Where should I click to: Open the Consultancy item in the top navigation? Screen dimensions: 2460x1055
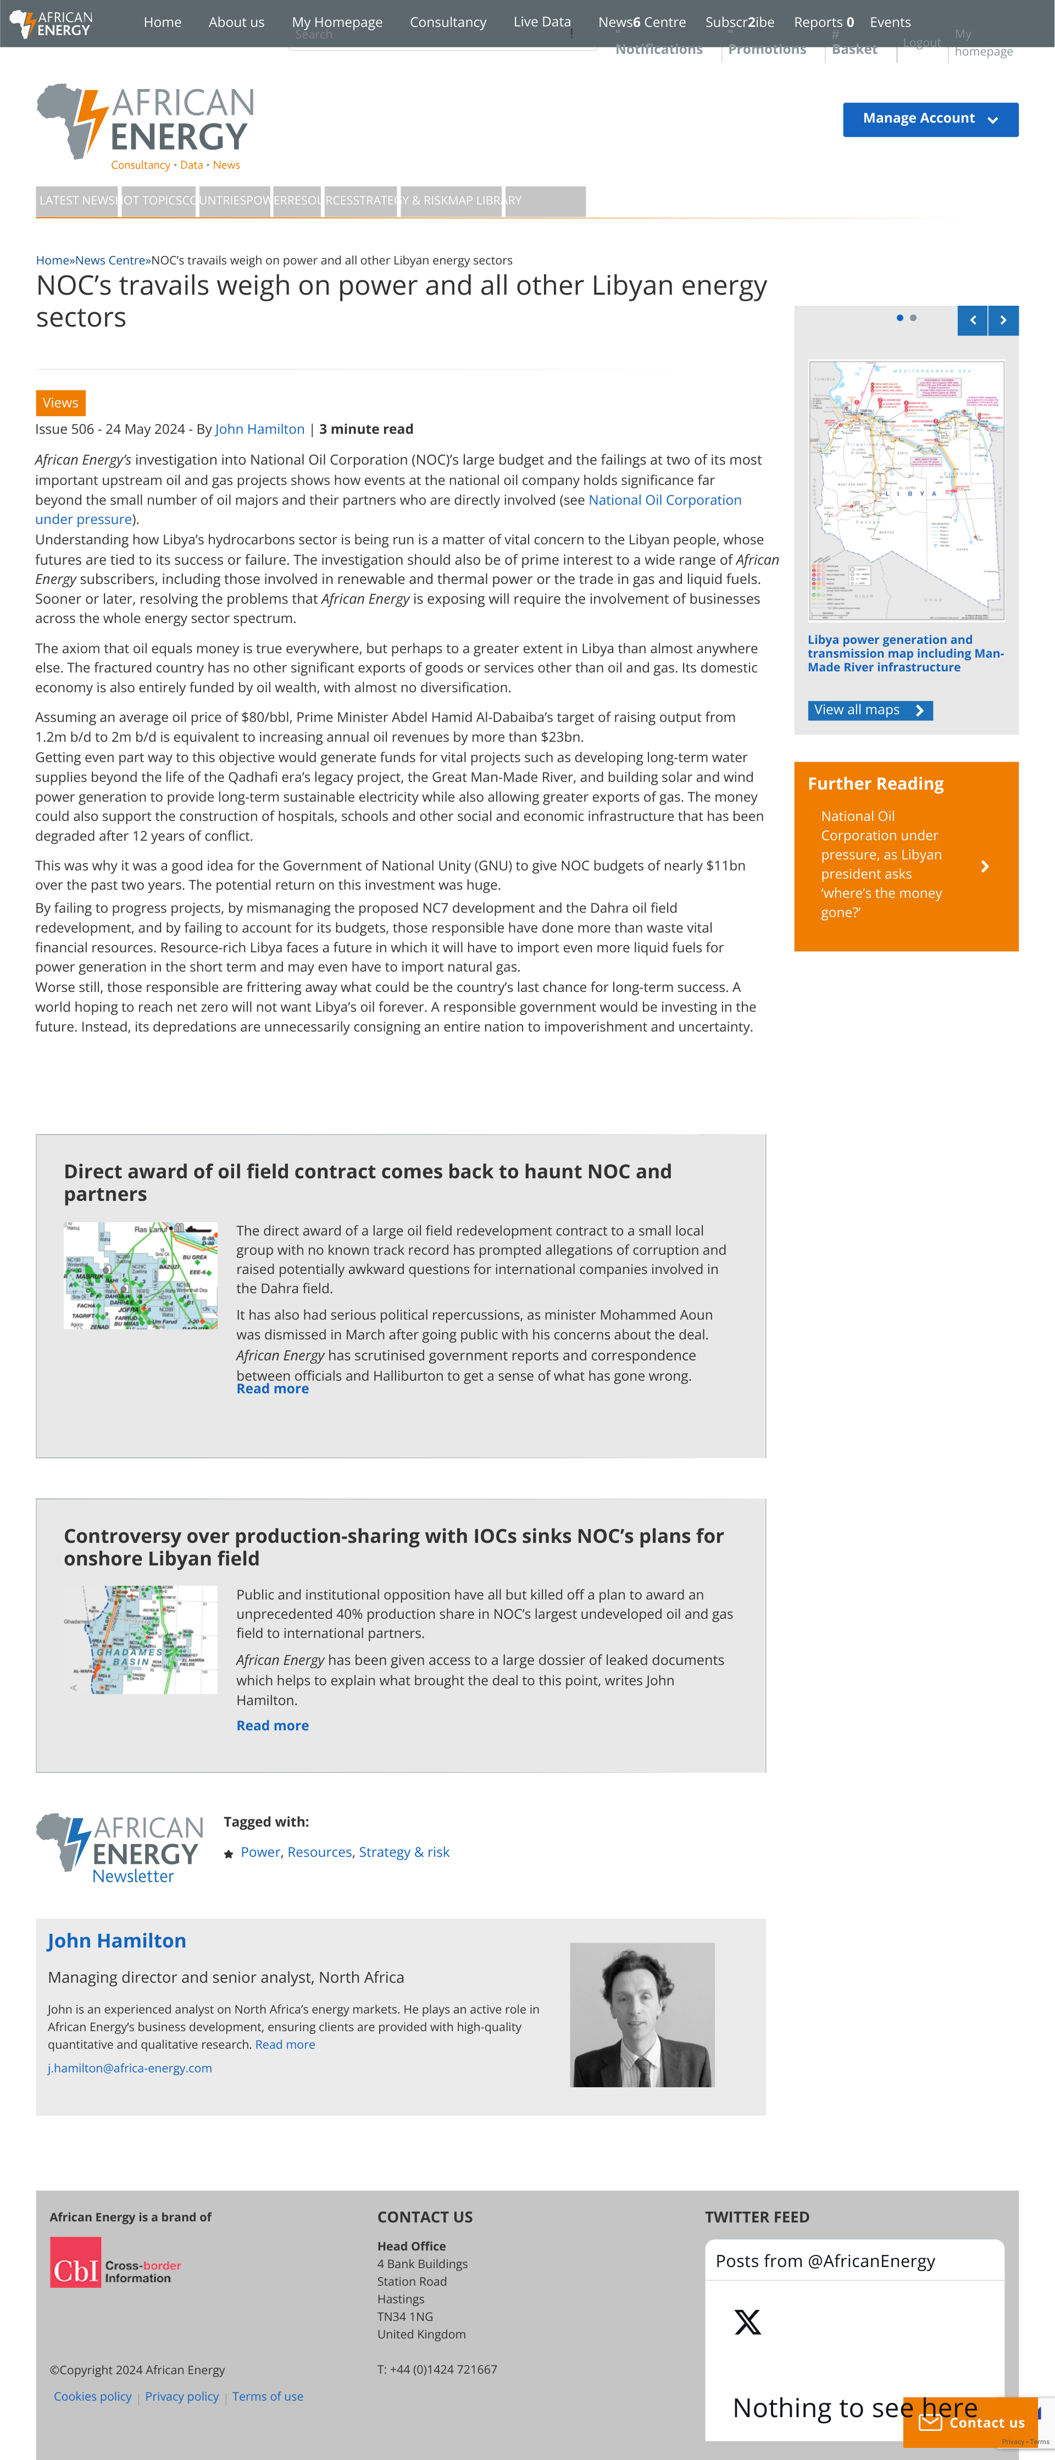(x=448, y=22)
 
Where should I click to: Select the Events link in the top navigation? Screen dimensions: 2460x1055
(x=889, y=22)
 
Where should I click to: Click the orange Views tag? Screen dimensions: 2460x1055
(x=60, y=403)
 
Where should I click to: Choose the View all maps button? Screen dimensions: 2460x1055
(x=869, y=710)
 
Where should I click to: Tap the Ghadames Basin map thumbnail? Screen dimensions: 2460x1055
(x=140, y=1640)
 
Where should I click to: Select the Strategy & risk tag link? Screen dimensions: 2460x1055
(x=404, y=1852)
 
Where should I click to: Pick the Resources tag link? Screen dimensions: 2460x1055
(x=319, y=1852)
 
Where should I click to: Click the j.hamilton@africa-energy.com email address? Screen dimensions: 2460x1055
(x=130, y=2069)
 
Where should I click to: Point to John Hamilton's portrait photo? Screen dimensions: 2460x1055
(x=642, y=2015)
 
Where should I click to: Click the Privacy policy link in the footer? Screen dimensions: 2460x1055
(x=181, y=2397)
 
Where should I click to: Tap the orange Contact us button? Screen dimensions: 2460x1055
(x=970, y=2423)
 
